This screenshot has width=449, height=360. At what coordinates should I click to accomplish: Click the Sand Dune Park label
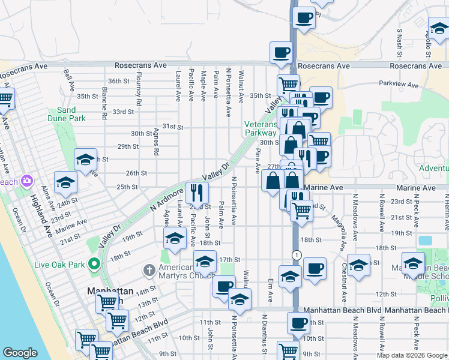[x=66, y=114]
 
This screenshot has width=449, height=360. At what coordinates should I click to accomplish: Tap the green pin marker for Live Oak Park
[x=94, y=263]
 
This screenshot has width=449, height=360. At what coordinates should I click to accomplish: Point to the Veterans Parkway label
[x=261, y=128]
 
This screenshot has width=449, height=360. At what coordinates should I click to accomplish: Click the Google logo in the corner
[x=20, y=353]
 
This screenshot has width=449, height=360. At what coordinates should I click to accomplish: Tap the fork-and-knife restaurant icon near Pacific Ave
[x=197, y=192]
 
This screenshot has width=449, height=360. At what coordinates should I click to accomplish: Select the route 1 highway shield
[x=296, y=255]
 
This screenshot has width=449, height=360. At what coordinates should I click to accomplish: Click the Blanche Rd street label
[x=104, y=99]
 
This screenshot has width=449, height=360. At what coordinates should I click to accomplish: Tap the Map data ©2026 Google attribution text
[x=411, y=355]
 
